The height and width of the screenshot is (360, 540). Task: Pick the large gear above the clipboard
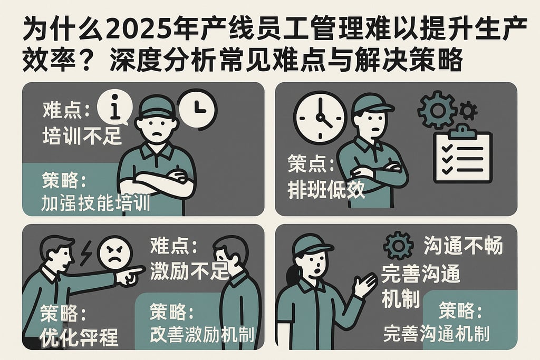[x=436, y=110]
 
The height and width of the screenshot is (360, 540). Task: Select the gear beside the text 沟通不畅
[x=398, y=246]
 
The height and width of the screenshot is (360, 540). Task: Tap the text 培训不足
[x=82, y=137]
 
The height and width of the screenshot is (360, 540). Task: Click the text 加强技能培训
[x=95, y=203]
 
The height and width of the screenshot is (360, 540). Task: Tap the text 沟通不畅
[x=463, y=246]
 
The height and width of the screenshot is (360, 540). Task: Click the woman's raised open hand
[x=364, y=285]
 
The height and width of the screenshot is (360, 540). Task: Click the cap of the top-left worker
[x=157, y=107]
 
